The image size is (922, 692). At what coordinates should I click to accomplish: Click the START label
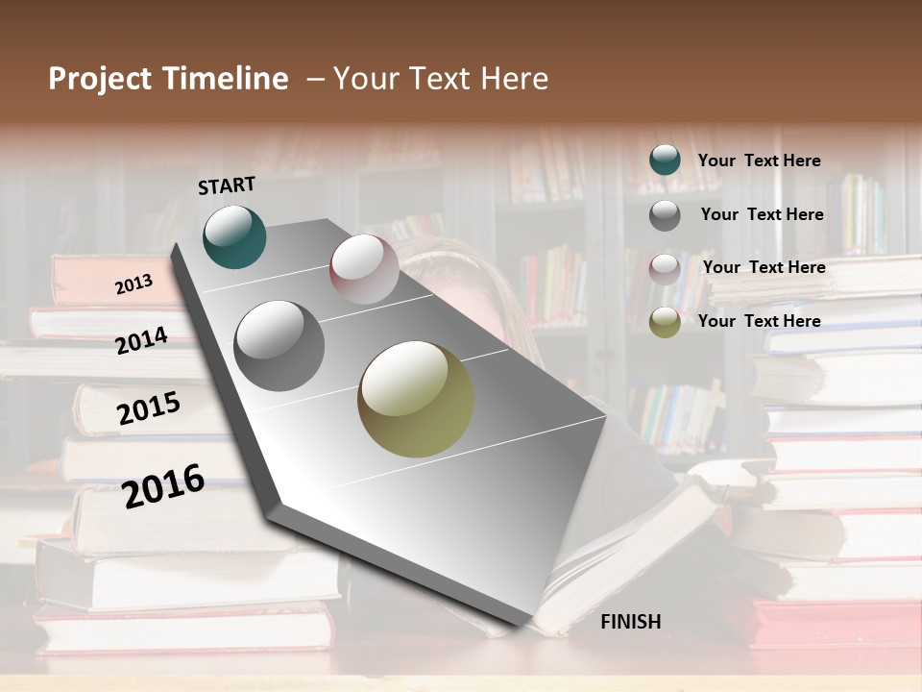227,185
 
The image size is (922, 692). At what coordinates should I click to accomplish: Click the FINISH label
630,622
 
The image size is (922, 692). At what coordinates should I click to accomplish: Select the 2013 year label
133,284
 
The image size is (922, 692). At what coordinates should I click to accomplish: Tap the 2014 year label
142,340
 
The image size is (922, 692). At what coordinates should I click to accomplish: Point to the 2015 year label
149,408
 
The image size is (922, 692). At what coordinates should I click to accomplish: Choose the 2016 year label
163,485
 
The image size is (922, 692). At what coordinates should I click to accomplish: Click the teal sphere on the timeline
234,236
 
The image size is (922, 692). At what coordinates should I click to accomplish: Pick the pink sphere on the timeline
364,268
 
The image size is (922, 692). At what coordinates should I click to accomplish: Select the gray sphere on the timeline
279,345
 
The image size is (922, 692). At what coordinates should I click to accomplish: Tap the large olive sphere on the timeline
416,399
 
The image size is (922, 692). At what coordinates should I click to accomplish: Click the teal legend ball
665,160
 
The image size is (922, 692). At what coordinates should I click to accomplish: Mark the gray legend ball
665,214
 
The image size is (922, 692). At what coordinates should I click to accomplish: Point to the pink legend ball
665,268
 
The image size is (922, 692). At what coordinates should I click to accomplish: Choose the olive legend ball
665,322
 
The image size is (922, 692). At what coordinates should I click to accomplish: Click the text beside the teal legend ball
759,161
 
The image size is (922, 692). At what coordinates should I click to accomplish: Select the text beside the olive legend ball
759,321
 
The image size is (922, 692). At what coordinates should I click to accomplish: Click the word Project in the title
100,79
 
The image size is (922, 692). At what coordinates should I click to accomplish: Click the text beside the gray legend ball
762,214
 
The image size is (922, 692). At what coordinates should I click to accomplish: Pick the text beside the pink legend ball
764,267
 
